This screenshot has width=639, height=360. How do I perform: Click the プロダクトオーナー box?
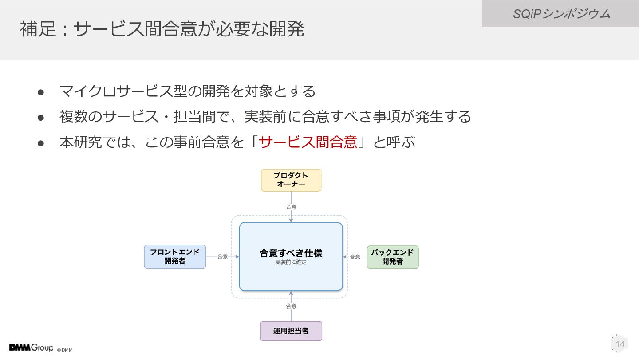[291, 180]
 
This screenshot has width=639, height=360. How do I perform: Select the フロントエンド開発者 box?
[175, 257]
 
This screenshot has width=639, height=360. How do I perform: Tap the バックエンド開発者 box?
[393, 257]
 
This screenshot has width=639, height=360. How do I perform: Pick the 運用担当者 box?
[291, 331]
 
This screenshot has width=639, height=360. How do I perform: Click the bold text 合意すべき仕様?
[291, 253]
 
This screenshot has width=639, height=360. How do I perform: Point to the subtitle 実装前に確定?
[291, 262]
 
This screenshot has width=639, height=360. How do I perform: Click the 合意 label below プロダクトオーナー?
[291, 207]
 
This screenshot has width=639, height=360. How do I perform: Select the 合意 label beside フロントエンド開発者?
[222, 257]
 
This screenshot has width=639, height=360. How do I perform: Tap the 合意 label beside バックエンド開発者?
[355, 257]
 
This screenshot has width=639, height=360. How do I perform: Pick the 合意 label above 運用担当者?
[291, 306]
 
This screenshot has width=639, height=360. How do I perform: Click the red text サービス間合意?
[308, 142]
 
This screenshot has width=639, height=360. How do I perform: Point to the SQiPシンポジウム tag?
[560, 14]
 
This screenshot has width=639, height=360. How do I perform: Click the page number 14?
[620, 344]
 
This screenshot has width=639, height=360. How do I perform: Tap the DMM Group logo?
[31, 348]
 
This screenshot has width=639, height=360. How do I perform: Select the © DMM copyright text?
[65, 350]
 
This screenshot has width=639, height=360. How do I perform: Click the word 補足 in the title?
[38, 29]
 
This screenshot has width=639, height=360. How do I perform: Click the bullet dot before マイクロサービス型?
[41, 92]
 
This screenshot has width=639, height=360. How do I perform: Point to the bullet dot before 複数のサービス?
[41, 118]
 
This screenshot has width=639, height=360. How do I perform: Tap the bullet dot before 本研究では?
[41, 143]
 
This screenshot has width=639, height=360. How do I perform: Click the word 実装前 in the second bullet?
[265, 116]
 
